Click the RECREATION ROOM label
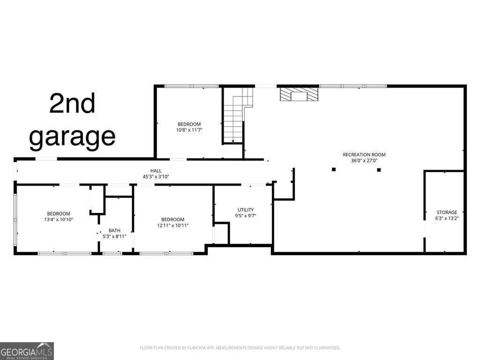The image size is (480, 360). [x=364, y=154]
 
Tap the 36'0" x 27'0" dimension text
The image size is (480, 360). [x=364, y=160]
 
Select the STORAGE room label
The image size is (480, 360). [x=447, y=212]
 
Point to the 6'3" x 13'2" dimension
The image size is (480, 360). [x=447, y=218]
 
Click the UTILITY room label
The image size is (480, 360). [x=246, y=210]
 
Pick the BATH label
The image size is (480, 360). [x=114, y=230]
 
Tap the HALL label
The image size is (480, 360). [x=156, y=171]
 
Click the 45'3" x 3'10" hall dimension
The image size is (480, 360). [x=156, y=176]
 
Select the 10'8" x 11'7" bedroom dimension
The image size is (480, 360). [x=189, y=130]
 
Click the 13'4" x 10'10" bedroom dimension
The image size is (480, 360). [x=58, y=219]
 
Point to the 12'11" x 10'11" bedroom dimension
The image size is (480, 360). [x=172, y=225]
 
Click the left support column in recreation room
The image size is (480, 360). [x=334, y=169]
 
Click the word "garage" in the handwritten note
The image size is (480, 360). [x=72, y=136]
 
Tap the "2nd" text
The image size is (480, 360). [x=72, y=104]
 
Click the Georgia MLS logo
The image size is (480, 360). [x=27, y=351]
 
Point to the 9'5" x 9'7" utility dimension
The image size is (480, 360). [x=246, y=216]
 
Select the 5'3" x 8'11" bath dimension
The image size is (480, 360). [x=114, y=236]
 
